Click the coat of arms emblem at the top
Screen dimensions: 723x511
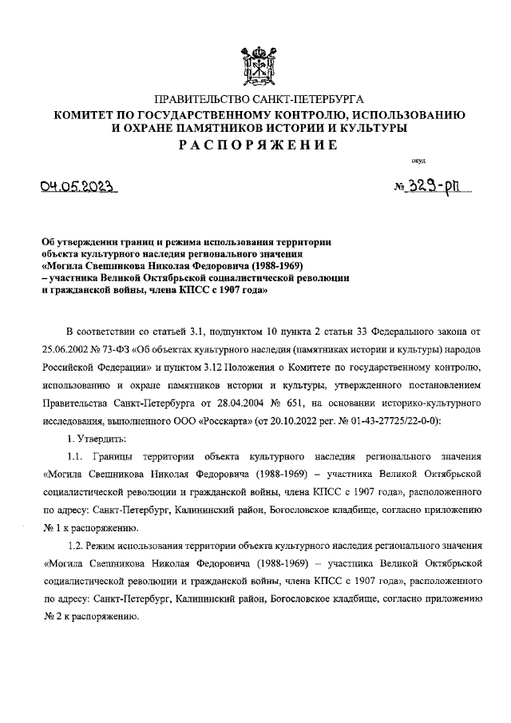(x=255, y=66)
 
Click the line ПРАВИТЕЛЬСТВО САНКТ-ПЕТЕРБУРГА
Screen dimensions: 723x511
(x=255, y=99)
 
